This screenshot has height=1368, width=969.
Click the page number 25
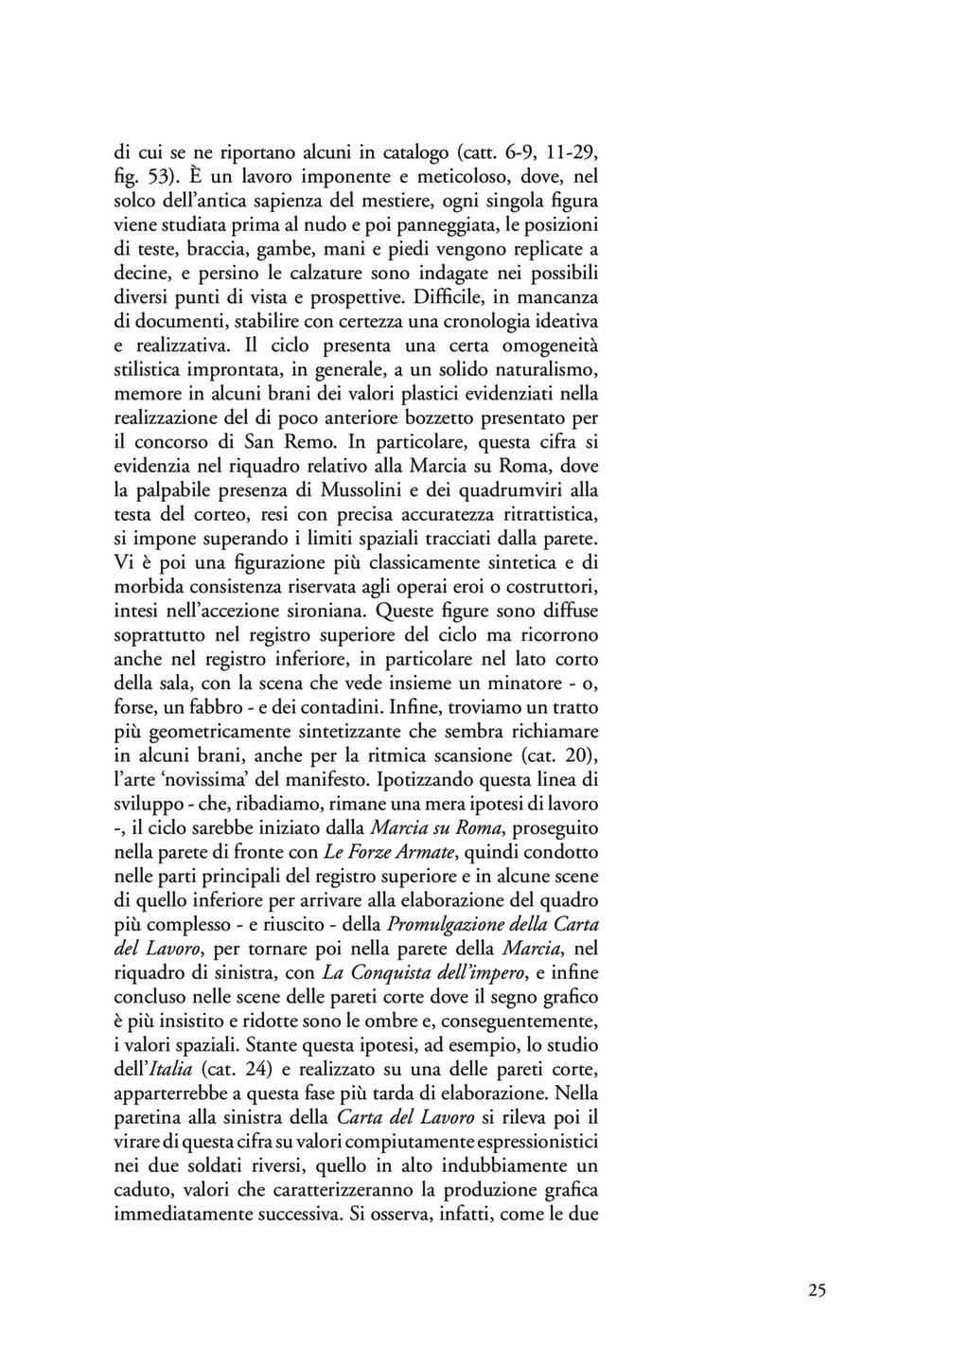(818, 1289)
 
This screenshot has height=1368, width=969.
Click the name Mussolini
(362, 490)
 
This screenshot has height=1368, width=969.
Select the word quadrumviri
(512, 490)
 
